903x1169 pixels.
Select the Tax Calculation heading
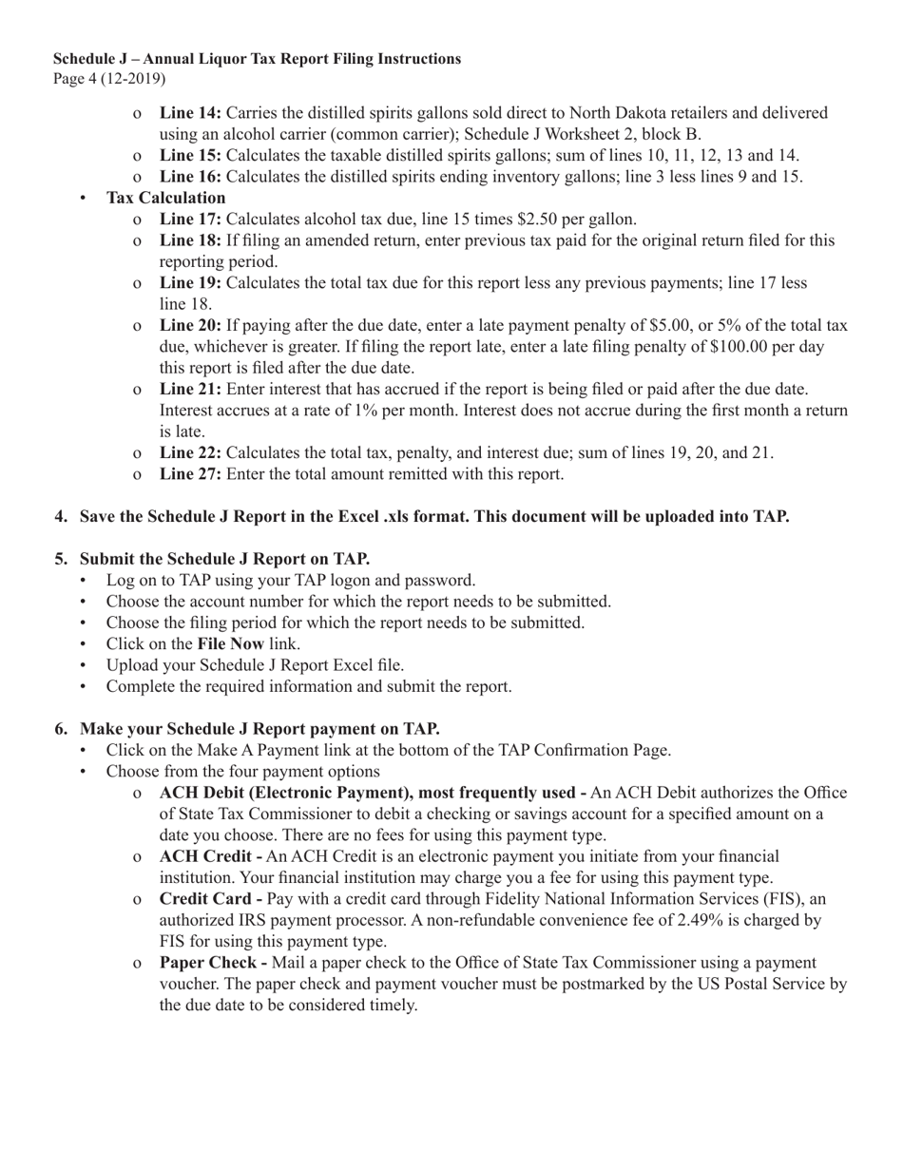[165, 198]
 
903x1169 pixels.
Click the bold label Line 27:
[190, 473]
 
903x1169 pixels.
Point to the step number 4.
[61, 517]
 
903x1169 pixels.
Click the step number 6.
[61, 729]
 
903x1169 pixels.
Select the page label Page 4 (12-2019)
[109, 78]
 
